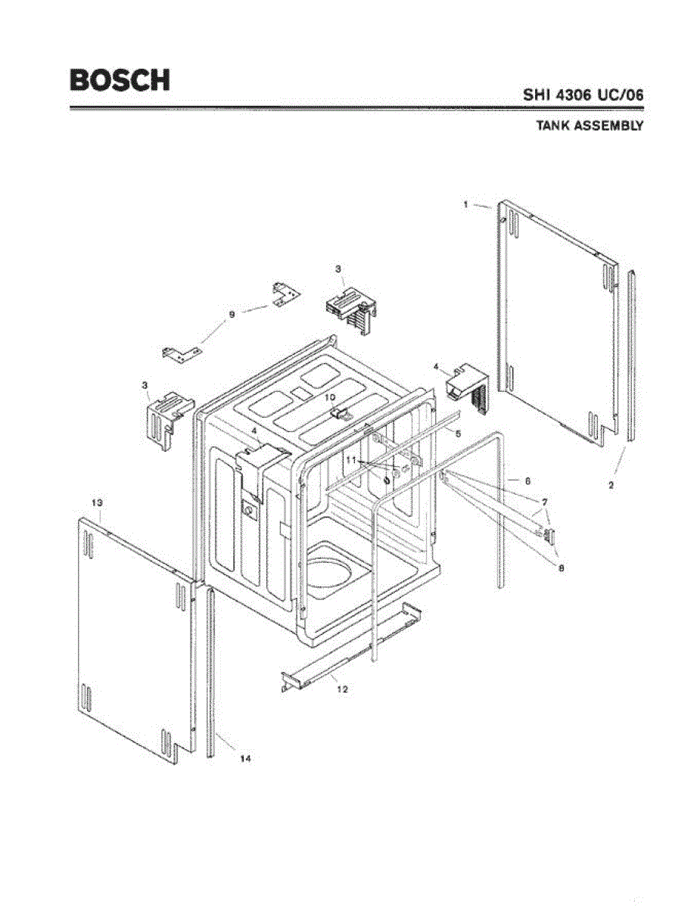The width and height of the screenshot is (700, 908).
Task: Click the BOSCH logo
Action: [x=120, y=80]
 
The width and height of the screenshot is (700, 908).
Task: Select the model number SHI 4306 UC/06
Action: [x=583, y=96]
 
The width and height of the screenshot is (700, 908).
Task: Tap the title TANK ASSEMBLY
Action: [x=590, y=126]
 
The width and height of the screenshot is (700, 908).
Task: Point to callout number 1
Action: [x=467, y=204]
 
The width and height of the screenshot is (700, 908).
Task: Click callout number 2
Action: [x=611, y=484]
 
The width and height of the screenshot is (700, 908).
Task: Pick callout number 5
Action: [x=458, y=434]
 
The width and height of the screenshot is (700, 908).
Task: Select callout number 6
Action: [x=527, y=481]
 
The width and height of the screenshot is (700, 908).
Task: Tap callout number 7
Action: [x=543, y=502]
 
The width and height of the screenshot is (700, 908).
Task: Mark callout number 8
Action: [x=560, y=567]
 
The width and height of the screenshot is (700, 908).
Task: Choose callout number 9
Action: [x=232, y=314]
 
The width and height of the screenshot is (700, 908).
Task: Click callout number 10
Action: [x=330, y=396]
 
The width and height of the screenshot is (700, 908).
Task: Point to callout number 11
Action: [x=350, y=459]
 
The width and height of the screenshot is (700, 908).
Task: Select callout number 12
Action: [x=342, y=689]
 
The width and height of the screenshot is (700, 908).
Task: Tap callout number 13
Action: [x=97, y=502]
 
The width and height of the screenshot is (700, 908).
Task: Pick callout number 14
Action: [x=244, y=758]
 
